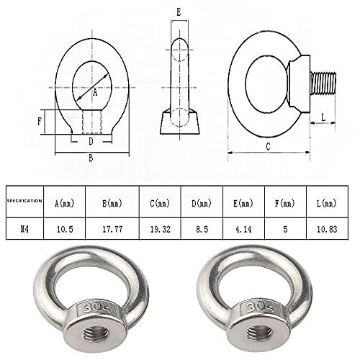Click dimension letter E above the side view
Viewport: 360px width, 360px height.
click(x=179, y=12)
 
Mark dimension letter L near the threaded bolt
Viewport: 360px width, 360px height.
click(x=324, y=114)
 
